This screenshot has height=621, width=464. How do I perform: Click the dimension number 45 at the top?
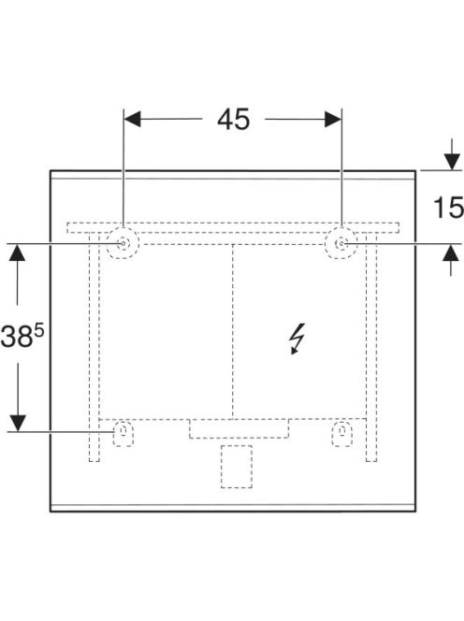pos(233,119)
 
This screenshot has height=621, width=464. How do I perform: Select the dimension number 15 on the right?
pos(448,207)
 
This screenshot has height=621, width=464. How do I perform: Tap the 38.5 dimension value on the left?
pos(22,337)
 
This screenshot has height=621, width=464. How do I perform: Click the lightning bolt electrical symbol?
pos(297,339)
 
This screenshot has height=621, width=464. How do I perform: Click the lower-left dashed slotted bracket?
pos(123,433)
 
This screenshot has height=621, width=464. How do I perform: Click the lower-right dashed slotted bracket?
pos(342,433)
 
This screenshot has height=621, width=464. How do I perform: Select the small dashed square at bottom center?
pos(237,466)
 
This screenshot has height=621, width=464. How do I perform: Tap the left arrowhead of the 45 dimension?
pos(132,119)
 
